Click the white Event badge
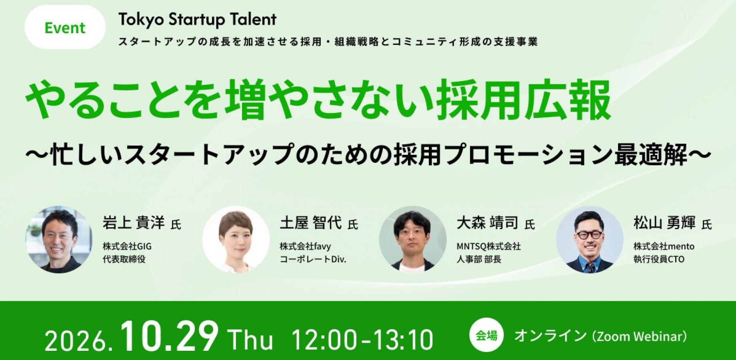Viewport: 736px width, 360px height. click(65, 27)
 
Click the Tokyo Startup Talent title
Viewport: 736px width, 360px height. click(198, 20)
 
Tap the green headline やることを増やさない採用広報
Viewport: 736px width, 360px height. click(318, 100)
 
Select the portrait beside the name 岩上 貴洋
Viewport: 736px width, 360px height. click(59, 240)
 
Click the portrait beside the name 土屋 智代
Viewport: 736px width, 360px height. click(236, 240)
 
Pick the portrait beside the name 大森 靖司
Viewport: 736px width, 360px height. click(413, 240)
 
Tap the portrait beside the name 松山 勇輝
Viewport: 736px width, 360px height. click(590, 240)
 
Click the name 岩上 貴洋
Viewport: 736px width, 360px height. click(134, 222)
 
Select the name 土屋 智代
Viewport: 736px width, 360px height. click(311, 222)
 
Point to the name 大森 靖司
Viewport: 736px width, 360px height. click(488, 222)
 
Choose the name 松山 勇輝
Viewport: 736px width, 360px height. click(664, 222)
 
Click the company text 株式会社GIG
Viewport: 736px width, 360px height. click(127, 246)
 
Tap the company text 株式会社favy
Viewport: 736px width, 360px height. click(305, 246)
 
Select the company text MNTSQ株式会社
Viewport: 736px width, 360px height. click(489, 246)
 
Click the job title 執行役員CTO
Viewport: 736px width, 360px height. click(659, 259)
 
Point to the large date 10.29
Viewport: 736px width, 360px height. click(170, 337)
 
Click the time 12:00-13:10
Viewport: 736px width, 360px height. click(362, 340)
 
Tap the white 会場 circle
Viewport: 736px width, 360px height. click(486, 335)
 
